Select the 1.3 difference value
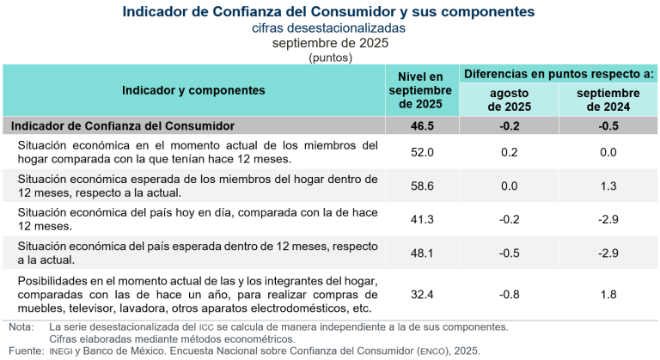(x=608, y=186)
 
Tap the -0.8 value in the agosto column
(x=510, y=294)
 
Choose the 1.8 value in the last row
(x=608, y=294)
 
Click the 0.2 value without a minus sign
(x=510, y=152)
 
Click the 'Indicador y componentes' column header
(x=193, y=89)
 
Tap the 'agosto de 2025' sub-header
(x=510, y=100)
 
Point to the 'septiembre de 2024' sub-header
(x=608, y=100)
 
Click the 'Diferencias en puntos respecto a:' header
(x=559, y=74)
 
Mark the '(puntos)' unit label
(x=329, y=57)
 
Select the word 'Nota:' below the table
(x=21, y=326)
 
